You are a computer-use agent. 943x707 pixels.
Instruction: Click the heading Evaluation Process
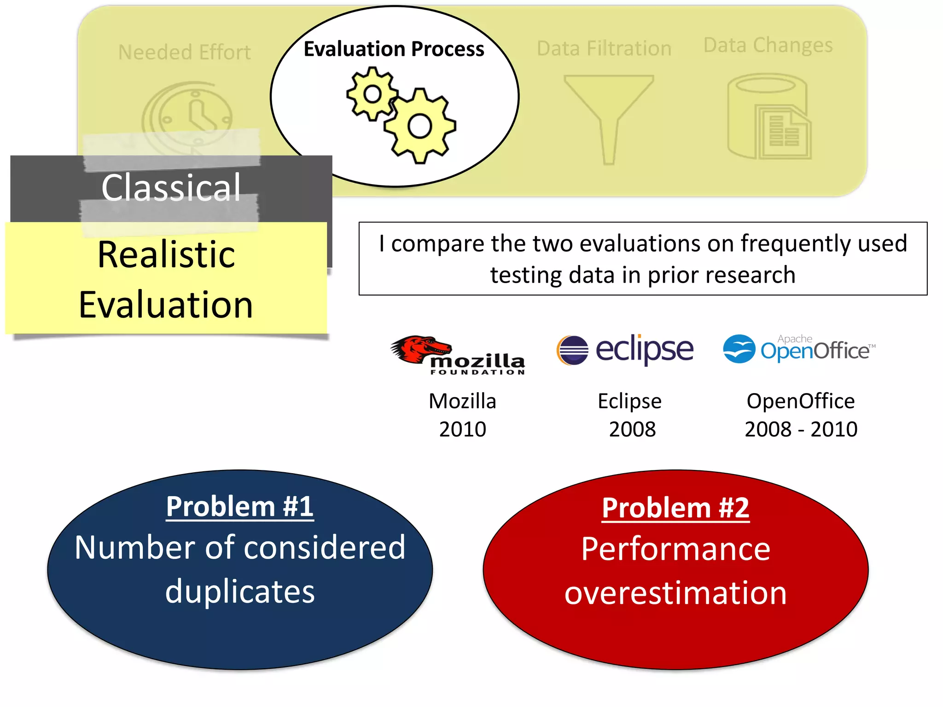click(x=394, y=49)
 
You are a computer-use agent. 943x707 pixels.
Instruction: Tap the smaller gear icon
click(x=372, y=94)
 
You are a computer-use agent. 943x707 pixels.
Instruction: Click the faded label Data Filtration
click(x=604, y=48)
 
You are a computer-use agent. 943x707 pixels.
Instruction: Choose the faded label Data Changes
click(x=768, y=45)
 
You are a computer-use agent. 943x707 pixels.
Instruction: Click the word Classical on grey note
click(x=171, y=187)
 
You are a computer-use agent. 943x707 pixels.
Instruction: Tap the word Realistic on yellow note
click(x=166, y=255)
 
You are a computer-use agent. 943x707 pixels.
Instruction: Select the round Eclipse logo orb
click(x=572, y=350)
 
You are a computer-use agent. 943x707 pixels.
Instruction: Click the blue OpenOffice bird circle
click(x=739, y=349)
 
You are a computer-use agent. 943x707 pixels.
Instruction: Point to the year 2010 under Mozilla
click(x=462, y=429)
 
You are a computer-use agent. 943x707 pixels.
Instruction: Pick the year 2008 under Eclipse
click(x=632, y=429)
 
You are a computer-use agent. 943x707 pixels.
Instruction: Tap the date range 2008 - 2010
click(x=801, y=429)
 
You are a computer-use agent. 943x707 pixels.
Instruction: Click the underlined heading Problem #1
click(x=240, y=506)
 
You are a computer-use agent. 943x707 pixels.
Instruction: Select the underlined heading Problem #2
click(x=675, y=508)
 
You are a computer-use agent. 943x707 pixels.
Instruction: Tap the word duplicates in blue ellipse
click(x=240, y=591)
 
